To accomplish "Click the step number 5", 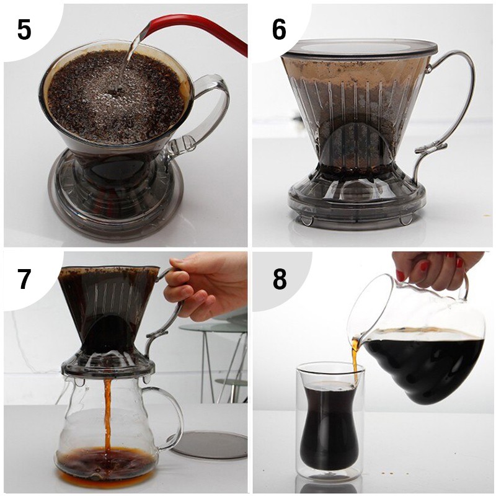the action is (x=24, y=29).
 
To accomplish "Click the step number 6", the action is (x=278, y=29).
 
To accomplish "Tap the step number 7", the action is (x=24, y=280).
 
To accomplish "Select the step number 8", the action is (x=280, y=278).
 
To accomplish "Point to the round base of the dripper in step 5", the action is (x=115, y=203).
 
